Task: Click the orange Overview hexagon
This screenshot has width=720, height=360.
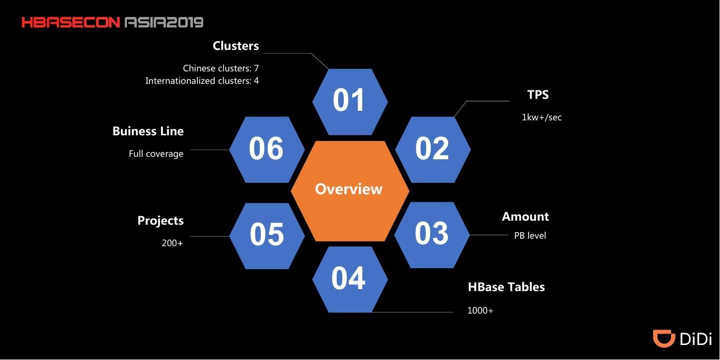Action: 350,190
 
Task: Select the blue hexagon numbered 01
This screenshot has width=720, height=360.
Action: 350,101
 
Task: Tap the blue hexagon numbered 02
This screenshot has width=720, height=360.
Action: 433,149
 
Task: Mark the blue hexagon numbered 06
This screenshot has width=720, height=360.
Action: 267,149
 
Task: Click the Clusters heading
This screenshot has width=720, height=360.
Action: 236,46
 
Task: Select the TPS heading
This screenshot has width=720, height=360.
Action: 538,95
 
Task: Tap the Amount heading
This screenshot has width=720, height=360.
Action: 525,217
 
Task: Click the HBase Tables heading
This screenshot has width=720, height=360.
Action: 506,287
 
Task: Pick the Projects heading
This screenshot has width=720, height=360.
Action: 160,221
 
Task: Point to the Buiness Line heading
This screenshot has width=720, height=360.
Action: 148,131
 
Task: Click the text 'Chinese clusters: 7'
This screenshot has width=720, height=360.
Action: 221,68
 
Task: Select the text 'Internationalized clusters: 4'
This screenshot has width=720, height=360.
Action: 202,81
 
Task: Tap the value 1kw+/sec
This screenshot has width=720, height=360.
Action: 542,118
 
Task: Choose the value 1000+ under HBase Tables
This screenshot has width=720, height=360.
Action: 480,311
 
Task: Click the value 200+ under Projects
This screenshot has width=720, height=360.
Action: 172,244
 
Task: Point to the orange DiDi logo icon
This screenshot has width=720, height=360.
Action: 664,338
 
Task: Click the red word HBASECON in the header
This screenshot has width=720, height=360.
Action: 70,22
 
